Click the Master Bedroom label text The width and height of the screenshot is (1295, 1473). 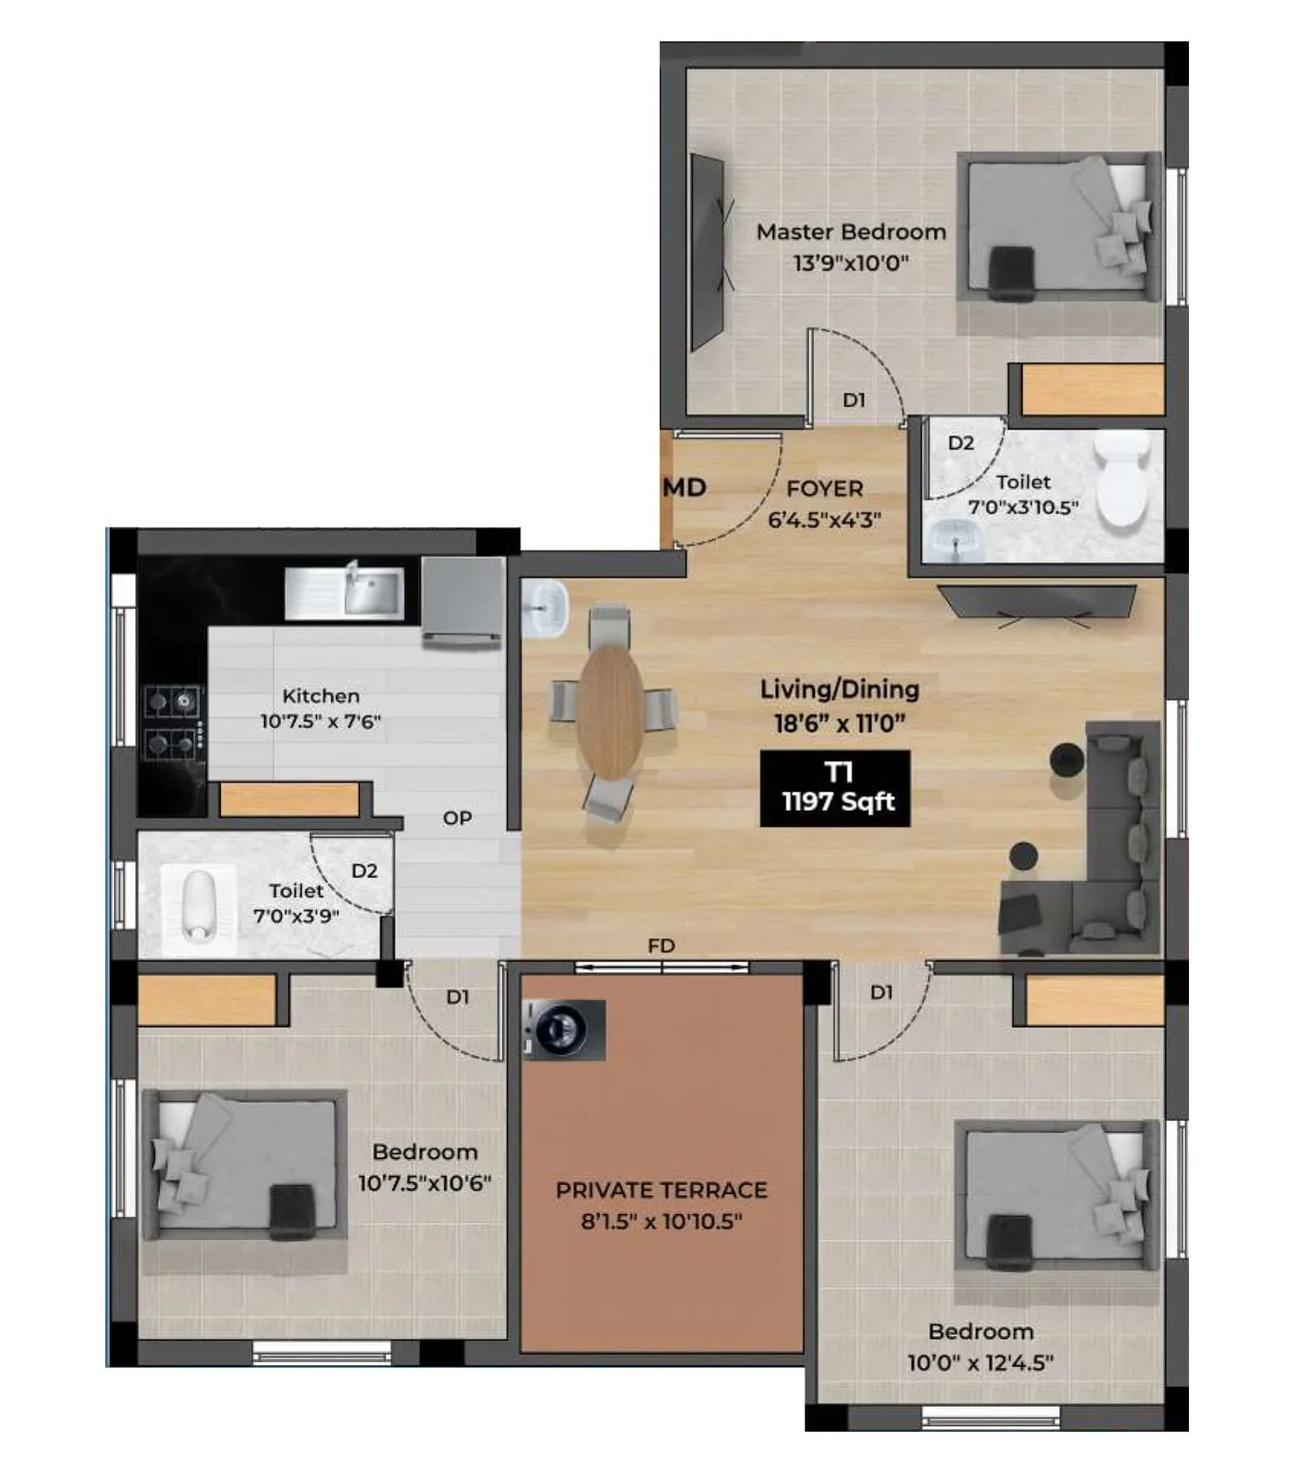[x=851, y=232]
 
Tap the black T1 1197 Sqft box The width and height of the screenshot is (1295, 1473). [x=834, y=787]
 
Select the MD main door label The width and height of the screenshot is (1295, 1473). [x=685, y=487]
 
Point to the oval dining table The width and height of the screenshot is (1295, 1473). [x=610, y=711]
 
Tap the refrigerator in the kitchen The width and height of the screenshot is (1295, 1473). [x=462, y=601]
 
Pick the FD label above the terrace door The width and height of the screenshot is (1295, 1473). [x=661, y=945]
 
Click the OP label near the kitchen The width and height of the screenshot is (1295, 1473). [x=457, y=818]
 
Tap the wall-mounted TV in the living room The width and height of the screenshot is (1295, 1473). [x=1037, y=601]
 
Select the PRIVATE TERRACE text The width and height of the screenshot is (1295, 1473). [x=661, y=1190]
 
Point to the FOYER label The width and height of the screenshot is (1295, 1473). [x=825, y=489]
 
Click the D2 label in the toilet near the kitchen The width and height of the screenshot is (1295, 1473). [x=364, y=871]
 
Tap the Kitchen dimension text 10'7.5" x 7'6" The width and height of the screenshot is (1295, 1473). [x=321, y=721]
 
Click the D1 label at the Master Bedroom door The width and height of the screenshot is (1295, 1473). [x=854, y=400]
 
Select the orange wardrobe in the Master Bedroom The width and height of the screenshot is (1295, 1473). [x=1092, y=389]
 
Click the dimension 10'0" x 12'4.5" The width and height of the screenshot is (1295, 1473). [x=980, y=1362]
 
